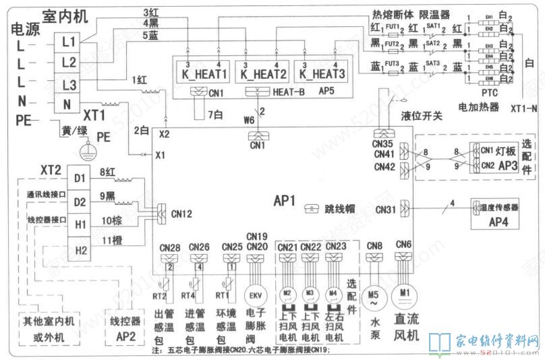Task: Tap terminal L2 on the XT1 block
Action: click(67, 62)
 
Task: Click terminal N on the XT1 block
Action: click(67, 104)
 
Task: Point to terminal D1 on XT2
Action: click(80, 179)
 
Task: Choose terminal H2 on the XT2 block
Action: click(80, 251)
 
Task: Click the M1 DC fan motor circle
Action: click(404, 294)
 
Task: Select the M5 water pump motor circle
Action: click(373, 295)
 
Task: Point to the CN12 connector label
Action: click(181, 214)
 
